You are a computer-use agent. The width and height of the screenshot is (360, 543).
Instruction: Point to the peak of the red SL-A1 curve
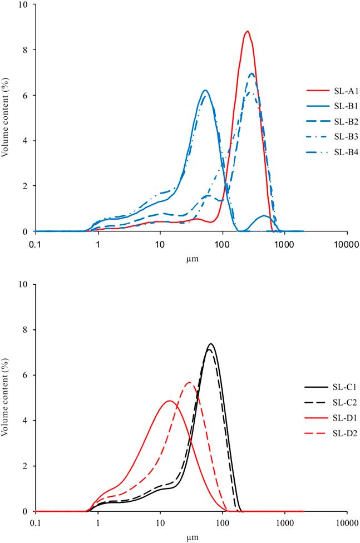[248, 31]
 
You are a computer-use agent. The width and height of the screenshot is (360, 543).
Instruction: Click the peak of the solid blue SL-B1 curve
[205, 90]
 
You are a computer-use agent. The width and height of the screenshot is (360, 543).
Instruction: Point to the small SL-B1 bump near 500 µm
[265, 215]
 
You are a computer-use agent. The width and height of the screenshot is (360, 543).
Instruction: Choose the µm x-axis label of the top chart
[191, 259]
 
